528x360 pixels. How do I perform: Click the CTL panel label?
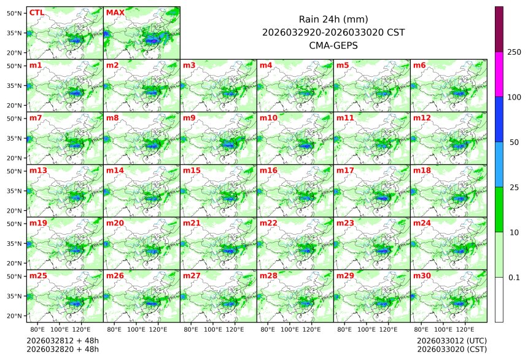click(x=36, y=12)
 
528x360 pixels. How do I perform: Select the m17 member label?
click(x=344, y=170)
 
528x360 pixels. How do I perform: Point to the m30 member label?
click(x=421, y=276)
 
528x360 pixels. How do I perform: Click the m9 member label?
click(x=189, y=117)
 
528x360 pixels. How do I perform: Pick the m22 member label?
click(x=268, y=223)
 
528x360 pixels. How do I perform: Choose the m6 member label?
click(x=419, y=65)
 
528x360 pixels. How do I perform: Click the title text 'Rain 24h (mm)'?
click(x=333, y=19)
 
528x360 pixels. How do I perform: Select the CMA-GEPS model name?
click(x=333, y=45)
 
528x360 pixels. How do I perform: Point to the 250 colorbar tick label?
click(x=514, y=52)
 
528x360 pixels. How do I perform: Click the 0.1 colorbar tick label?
click(x=514, y=277)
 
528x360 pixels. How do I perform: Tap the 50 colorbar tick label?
click(x=514, y=142)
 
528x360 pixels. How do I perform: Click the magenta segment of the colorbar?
click(x=499, y=74)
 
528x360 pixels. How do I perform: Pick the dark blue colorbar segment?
click(x=499, y=119)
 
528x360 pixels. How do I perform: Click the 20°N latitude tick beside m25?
click(x=15, y=316)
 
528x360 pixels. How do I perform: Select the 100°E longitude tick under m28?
click(x=290, y=329)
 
